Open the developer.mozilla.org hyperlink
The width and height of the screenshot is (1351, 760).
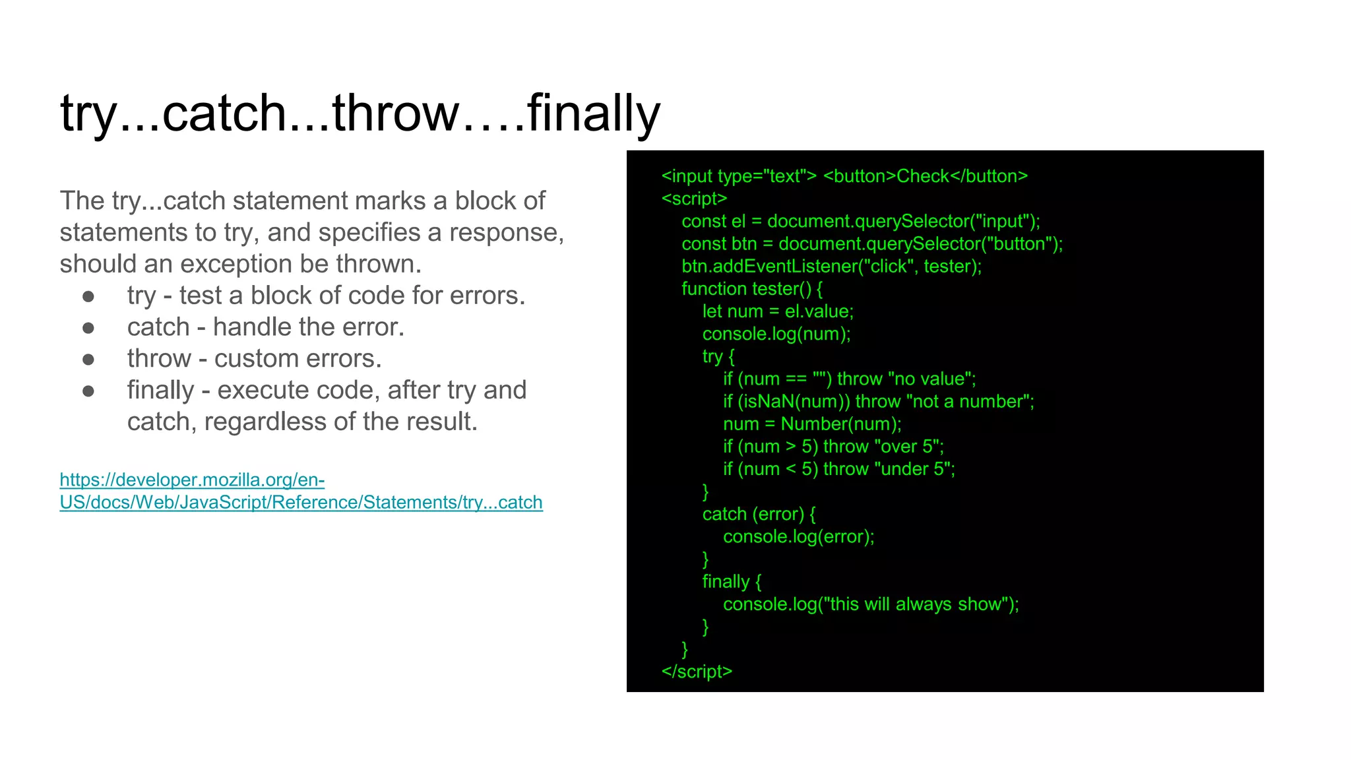click(x=301, y=491)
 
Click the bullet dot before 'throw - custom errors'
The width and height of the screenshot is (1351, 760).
click(x=88, y=359)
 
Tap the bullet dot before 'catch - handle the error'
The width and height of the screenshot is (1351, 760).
click(x=88, y=327)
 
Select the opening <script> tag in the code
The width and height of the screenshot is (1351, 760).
click(x=694, y=199)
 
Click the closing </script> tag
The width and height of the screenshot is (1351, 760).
click(x=697, y=672)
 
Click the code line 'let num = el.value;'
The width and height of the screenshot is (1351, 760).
click(x=778, y=311)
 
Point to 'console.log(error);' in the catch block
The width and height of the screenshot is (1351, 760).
click(x=798, y=536)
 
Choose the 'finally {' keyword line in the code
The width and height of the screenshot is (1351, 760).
click(x=732, y=582)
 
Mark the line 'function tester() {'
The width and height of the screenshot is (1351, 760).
click(x=752, y=289)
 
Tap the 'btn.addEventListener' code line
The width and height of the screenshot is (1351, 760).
click(x=831, y=267)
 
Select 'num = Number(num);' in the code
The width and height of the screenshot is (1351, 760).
click(x=812, y=424)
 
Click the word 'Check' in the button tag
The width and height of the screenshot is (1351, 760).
click(x=923, y=176)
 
